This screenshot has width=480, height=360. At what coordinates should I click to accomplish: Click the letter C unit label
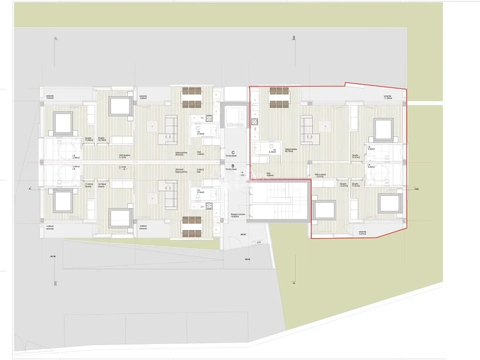pyautogui.click(x=233, y=152)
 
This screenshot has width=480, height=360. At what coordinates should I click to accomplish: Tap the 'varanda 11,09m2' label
pyautogui.click(x=387, y=97)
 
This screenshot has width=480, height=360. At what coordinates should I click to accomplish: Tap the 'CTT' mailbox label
pyautogui.click(x=259, y=242)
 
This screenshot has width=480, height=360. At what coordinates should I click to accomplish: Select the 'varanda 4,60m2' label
pyautogui.click(x=50, y=227)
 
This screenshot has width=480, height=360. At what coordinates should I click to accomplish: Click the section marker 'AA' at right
pyautogui.click(x=416, y=189)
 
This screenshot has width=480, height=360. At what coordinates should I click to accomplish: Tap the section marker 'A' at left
pyautogui.click(x=29, y=188)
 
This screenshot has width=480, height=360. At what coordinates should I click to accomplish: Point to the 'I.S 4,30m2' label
pyautogui.click(x=371, y=148)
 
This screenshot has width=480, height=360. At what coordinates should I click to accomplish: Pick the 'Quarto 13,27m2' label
pyautogui.click(x=343, y=184)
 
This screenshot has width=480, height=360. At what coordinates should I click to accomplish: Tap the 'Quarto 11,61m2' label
pyautogui.click(x=356, y=184)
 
